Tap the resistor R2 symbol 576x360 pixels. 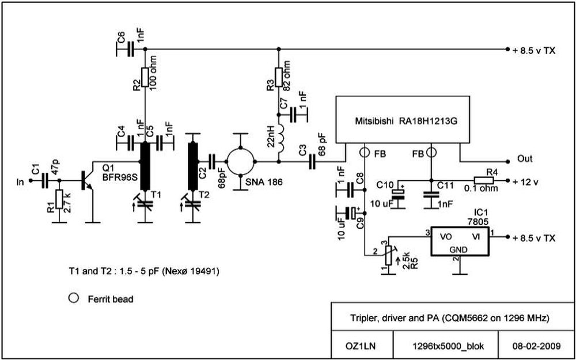point(145,77)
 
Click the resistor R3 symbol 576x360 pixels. point(278,77)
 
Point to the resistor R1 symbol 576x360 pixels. point(59,199)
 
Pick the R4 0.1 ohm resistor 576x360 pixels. point(484,180)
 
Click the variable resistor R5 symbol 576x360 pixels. point(389,255)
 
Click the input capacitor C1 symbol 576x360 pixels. point(45,180)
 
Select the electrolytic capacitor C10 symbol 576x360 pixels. point(398,193)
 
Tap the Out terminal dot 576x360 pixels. point(507,161)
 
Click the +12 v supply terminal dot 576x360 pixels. point(507,180)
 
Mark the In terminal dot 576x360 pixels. point(31,180)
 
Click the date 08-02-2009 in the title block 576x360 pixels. point(536,346)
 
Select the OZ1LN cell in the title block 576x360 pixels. point(362,346)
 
